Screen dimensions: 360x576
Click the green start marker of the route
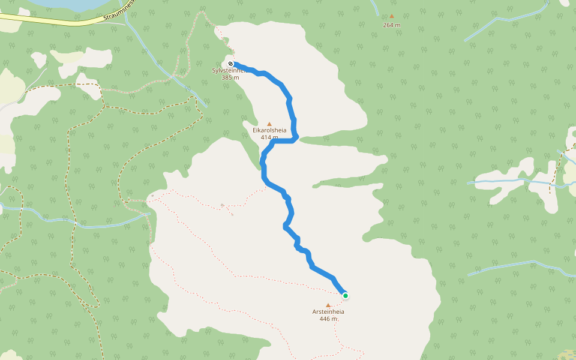(346, 295)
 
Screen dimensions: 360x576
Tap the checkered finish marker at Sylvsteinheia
(230, 63)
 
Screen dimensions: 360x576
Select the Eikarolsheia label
(269, 130)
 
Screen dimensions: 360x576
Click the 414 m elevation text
(269, 137)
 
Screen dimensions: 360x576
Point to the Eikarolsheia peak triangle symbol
(269, 124)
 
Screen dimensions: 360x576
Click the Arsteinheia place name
(328, 312)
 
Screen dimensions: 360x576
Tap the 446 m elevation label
(329, 319)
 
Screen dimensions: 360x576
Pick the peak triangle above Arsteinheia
(328, 305)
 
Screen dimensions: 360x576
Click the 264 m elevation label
(392, 25)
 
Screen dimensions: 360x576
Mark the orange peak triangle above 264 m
(392, 17)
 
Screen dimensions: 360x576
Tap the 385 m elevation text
(230, 77)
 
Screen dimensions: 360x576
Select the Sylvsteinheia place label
(226, 71)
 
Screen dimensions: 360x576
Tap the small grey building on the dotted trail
(223, 206)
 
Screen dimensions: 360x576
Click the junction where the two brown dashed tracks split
(103, 106)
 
